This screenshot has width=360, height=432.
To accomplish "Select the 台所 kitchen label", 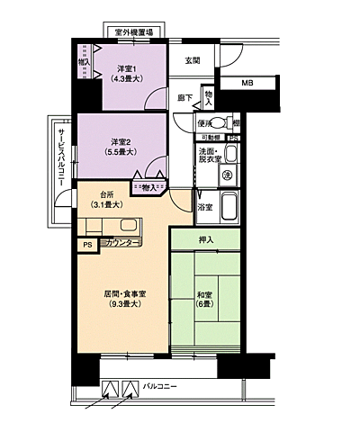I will tap(105, 198).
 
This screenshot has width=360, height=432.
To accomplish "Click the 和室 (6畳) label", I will tap(206, 299).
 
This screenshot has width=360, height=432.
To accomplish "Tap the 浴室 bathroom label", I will tap(205, 207).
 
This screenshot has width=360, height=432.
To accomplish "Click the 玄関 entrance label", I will tap(192, 60).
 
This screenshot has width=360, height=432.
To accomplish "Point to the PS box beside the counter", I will tap(87, 244).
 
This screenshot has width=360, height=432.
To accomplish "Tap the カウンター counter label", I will tap(121, 243).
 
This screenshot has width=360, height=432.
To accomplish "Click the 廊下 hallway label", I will tap(185, 97).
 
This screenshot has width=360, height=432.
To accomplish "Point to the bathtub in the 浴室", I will tap(228, 206).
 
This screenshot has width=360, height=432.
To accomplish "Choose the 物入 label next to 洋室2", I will tap(148, 187).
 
